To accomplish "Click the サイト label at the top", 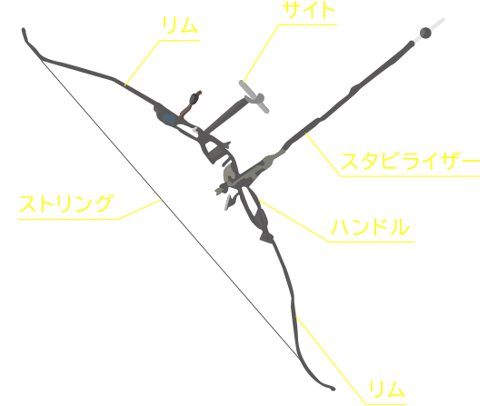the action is pyautogui.click(x=308, y=11).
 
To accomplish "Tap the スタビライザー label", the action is pyautogui.click(x=410, y=162).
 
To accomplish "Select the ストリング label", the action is pyautogui.click(x=65, y=203).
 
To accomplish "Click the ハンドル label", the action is pyautogui.click(x=371, y=227).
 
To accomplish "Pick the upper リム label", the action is pyautogui.click(x=180, y=25).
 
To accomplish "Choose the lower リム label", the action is pyautogui.click(x=387, y=389).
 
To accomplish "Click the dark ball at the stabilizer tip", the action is pyautogui.click(x=425, y=33).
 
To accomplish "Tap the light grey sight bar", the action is pyautogui.click(x=254, y=97).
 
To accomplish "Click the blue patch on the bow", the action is pyautogui.click(x=169, y=119).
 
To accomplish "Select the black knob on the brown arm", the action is pyautogui.click(x=193, y=99).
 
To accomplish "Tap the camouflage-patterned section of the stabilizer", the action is pyautogui.click(x=251, y=172).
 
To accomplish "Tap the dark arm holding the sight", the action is pyautogui.click(x=224, y=115).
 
